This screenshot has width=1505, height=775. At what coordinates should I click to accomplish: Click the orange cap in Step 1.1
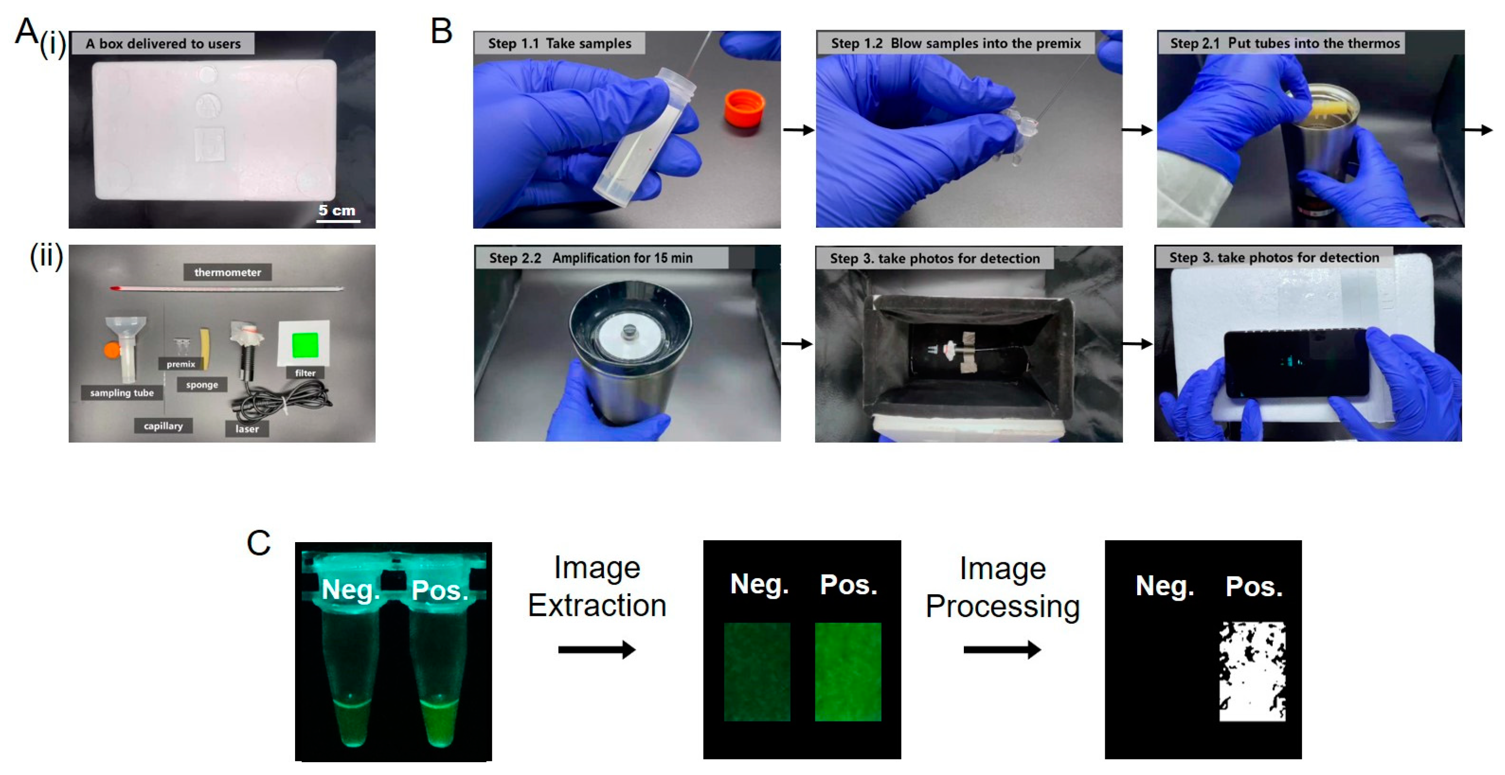[x=744, y=109]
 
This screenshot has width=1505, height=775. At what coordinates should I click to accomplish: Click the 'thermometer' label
[x=227, y=272]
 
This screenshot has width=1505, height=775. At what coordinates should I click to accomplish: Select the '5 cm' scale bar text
[x=337, y=210]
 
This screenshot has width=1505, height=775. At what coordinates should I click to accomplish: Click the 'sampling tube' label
[x=122, y=393]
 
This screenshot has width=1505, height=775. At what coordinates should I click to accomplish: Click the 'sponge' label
[x=202, y=385]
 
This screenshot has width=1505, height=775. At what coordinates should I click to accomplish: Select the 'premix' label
[x=181, y=364]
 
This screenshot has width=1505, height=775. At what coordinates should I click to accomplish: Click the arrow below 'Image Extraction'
[x=597, y=649]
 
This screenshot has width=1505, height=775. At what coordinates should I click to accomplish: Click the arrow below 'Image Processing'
[x=1002, y=649]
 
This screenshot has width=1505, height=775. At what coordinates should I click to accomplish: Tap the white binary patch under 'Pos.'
[x=1252, y=671]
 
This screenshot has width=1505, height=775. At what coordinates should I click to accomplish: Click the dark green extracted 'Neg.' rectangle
[x=757, y=672]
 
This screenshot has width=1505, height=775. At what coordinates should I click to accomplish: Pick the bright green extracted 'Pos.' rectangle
[x=848, y=672]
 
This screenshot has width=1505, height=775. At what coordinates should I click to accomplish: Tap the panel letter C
[x=258, y=543]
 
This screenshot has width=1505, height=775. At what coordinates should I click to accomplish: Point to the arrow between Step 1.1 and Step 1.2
[x=798, y=130]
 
